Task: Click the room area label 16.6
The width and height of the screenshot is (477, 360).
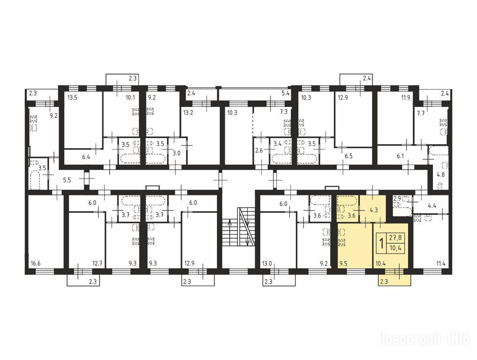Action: point(36,263)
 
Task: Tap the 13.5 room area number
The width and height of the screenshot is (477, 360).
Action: point(72,97)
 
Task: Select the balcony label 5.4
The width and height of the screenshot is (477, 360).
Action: point(285,93)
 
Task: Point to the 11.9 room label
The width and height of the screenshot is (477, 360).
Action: point(406,97)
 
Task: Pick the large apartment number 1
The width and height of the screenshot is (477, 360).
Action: point(381,243)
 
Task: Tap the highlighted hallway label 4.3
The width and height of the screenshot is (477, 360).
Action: point(373,210)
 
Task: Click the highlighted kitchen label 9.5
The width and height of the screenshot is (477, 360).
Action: point(343,263)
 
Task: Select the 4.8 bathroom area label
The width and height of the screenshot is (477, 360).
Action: point(440,174)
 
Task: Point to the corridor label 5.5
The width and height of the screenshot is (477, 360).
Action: point(67,180)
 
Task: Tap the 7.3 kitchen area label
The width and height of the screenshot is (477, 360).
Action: point(283,112)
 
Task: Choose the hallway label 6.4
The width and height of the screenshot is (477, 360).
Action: point(86,157)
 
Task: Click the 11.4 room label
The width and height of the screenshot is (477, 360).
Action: point(441,263)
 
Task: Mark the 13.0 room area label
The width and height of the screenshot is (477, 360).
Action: point(267,263)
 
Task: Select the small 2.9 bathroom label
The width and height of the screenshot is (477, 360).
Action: point(397,199)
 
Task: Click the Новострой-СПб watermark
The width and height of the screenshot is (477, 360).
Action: point(423,339)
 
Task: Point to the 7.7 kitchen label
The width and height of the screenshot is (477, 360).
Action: point(421,114)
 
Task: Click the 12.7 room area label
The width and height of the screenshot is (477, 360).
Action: point(97,263)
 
